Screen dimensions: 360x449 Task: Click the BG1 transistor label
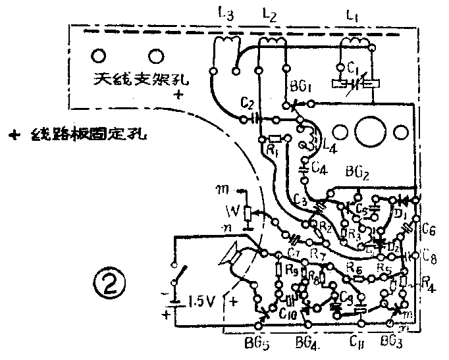coord(300,87)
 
